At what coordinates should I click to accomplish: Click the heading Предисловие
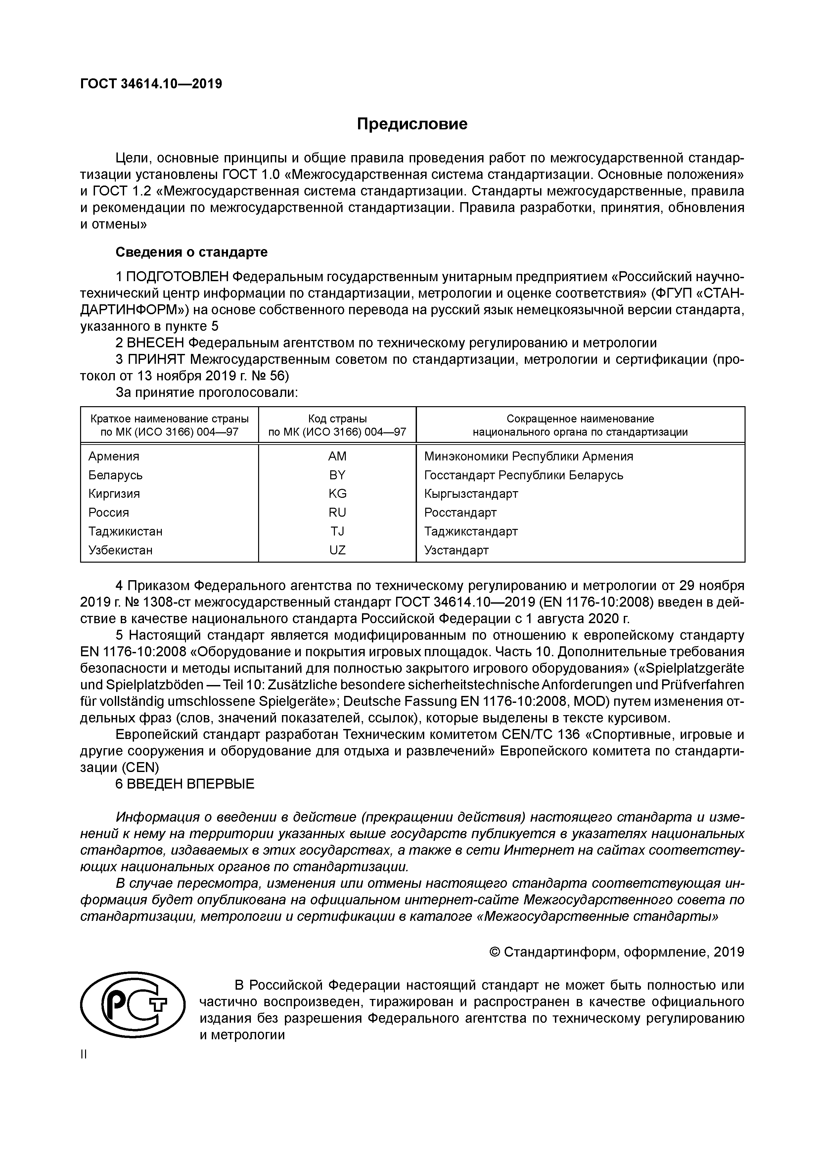tap(412, 124)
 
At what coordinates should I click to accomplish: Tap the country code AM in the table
tap(337, 456)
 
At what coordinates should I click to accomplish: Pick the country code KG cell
tap(337, 494)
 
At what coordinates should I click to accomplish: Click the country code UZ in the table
tap(337, 550)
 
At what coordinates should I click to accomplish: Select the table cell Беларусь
tap(115, 475)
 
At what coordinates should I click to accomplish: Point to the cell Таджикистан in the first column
tap(125, 532)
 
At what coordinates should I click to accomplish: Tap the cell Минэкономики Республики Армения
tap(528, 456)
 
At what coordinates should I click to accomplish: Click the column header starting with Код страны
tap(337, 425)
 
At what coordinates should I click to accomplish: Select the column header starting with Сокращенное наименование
tap(580, 425)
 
